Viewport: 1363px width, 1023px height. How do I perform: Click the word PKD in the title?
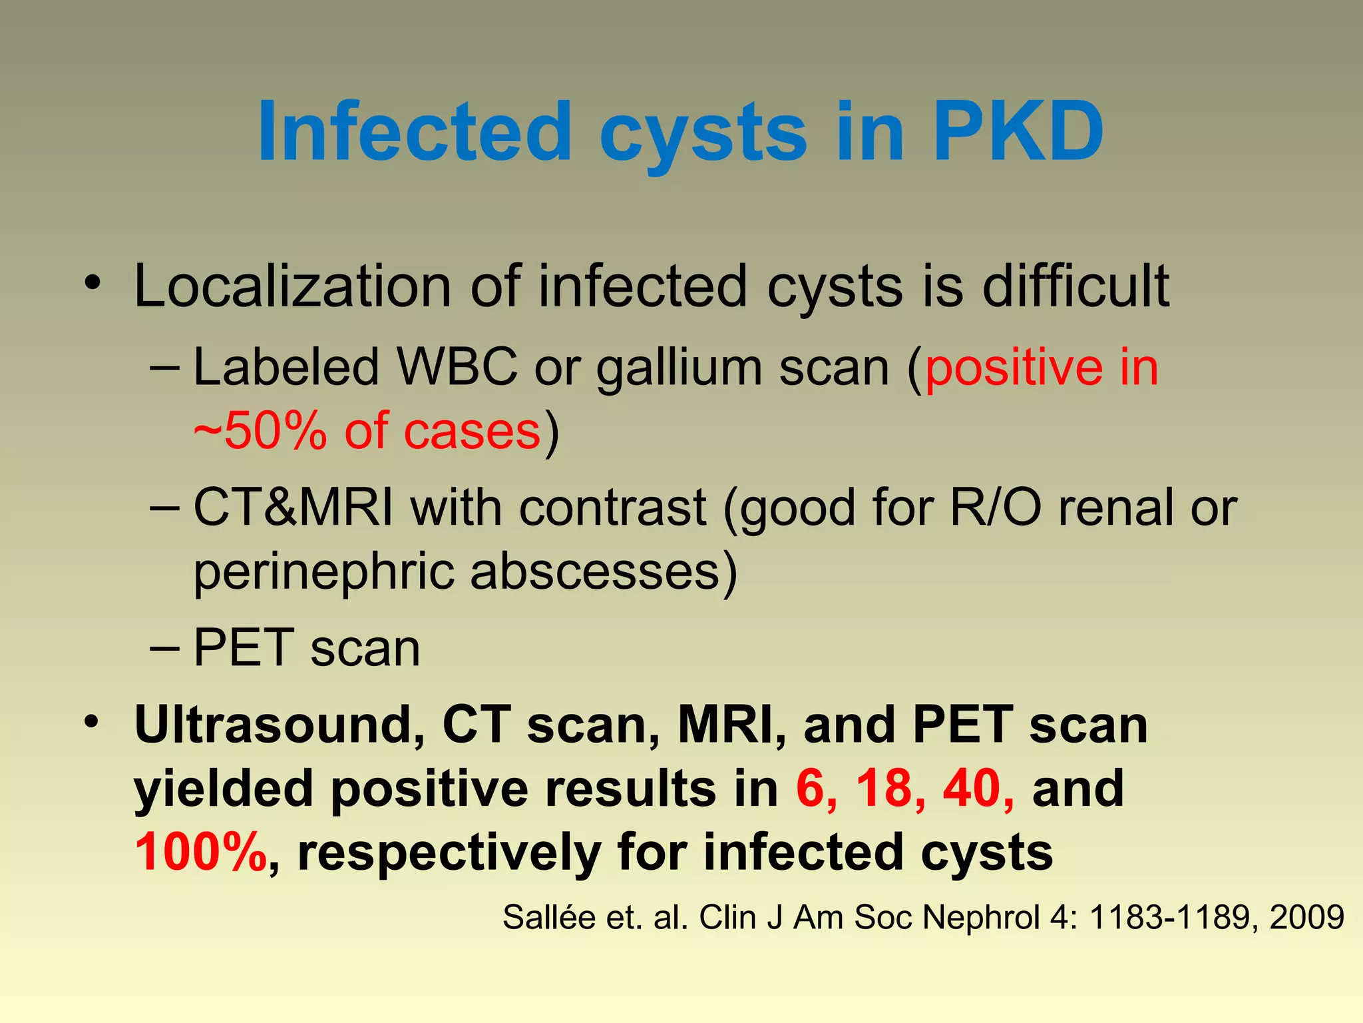[1018, 131]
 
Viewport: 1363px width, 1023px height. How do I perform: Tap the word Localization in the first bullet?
[293, 286]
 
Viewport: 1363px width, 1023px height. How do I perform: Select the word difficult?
[1075, 286]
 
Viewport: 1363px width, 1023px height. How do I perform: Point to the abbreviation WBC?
[457, 367]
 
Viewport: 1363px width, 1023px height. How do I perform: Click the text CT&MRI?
[293, 508]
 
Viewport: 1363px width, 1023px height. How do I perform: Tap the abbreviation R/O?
[996, 508]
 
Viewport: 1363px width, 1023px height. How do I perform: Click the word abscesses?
[596, 571]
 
